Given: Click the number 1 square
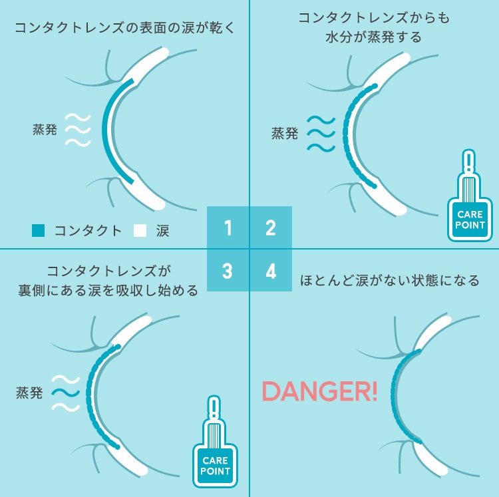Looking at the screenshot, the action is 228,227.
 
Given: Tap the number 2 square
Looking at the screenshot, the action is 271,227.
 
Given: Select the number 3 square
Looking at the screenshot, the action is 228,270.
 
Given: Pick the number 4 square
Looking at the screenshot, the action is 271,270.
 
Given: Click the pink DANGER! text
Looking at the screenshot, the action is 319,391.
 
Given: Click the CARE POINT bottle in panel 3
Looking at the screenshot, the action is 215,442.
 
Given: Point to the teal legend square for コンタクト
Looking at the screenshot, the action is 38,231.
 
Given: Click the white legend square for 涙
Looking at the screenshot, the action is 140,231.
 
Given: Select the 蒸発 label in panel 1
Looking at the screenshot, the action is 45,130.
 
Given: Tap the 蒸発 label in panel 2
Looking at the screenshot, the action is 285,133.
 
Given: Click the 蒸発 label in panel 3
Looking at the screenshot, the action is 29,393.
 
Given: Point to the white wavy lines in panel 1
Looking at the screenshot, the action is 78,130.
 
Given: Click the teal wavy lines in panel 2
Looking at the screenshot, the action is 321,134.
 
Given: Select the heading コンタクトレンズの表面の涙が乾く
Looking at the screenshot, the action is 125,28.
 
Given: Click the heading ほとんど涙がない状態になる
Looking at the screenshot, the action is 390,281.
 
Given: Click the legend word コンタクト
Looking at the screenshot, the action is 88,231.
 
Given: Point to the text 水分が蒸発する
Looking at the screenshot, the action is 374,37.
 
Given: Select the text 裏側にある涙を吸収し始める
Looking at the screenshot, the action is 108,291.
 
